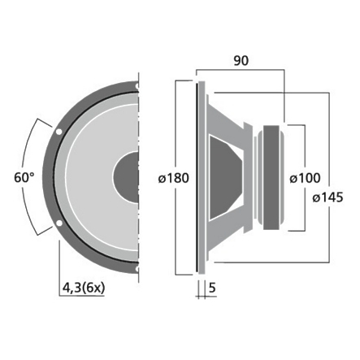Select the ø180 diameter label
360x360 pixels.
tap(173, 176)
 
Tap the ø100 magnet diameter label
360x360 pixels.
tap(305, 176)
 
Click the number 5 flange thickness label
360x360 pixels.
tap(211, 286)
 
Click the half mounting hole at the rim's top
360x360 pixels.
tap(139, 82)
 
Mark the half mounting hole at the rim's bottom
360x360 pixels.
tap(139, 268)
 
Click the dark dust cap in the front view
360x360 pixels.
tap(128, 175)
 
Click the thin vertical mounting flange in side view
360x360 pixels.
tap(199, 175)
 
